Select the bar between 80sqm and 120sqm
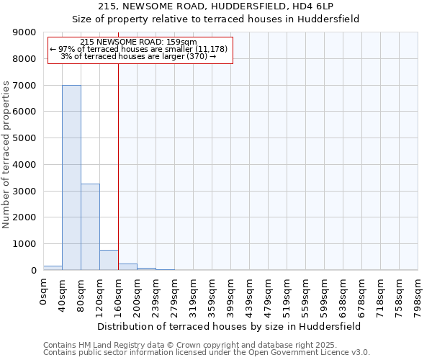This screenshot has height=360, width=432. tap(90, 227)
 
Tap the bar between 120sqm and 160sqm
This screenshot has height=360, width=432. tap(109, 260)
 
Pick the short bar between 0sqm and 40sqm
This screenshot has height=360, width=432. tap(53, 268)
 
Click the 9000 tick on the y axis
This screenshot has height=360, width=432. tap(25, 32)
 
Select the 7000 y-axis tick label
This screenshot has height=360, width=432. tap(25, 85)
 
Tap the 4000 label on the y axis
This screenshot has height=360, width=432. tap(25, 164)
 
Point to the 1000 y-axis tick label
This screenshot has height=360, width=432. tap(25, 243)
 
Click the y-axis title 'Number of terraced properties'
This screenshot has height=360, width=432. tap(6, 155)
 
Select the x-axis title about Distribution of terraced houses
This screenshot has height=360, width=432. tap(230, 326)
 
